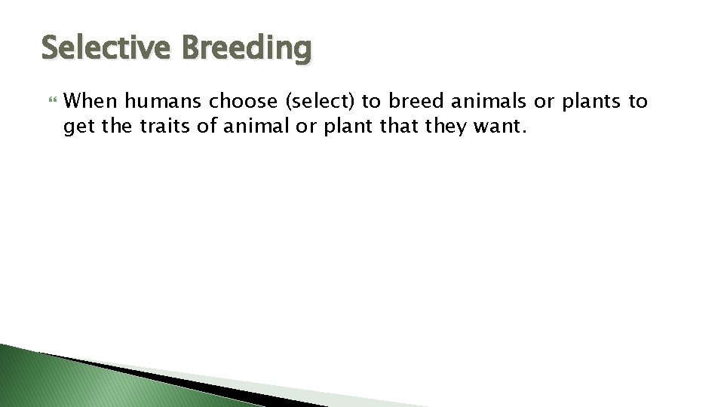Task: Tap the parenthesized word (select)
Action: pyautogui.click(x=325, y=102)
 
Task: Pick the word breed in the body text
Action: pyautogui.click(x=416, y=102)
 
